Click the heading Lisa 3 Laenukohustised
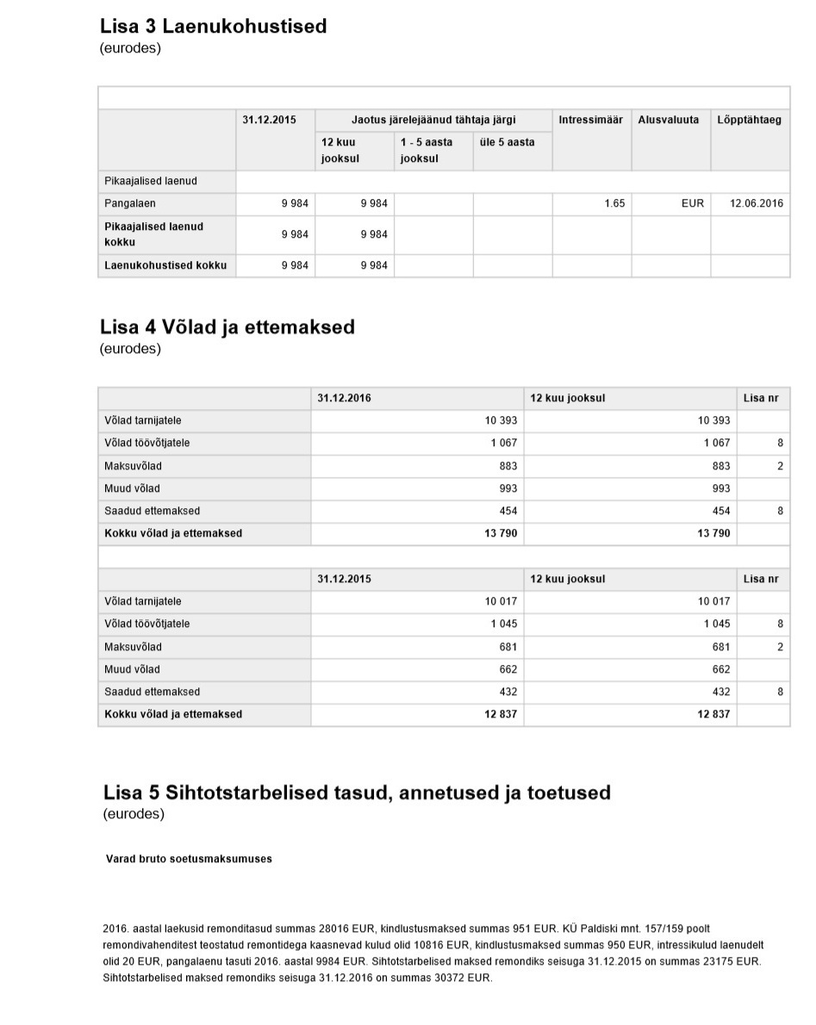(214, 26)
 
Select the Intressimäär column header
(590, 120)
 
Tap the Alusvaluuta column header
(668, 120)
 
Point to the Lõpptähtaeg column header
(749, 120)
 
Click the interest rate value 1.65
(614, 204)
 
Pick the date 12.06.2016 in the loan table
(756, 204)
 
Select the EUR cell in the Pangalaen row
(692, 204)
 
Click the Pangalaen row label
(130, 204)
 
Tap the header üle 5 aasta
(507, 142)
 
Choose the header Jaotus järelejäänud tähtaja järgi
(433, 120)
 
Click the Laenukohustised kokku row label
(165, 265)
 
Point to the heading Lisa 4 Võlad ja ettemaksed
(227, 327)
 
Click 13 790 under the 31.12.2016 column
(501, 533)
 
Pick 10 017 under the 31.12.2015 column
(501, 601)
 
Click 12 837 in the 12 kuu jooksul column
(713, 714)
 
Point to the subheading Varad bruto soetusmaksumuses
(189, 859)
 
